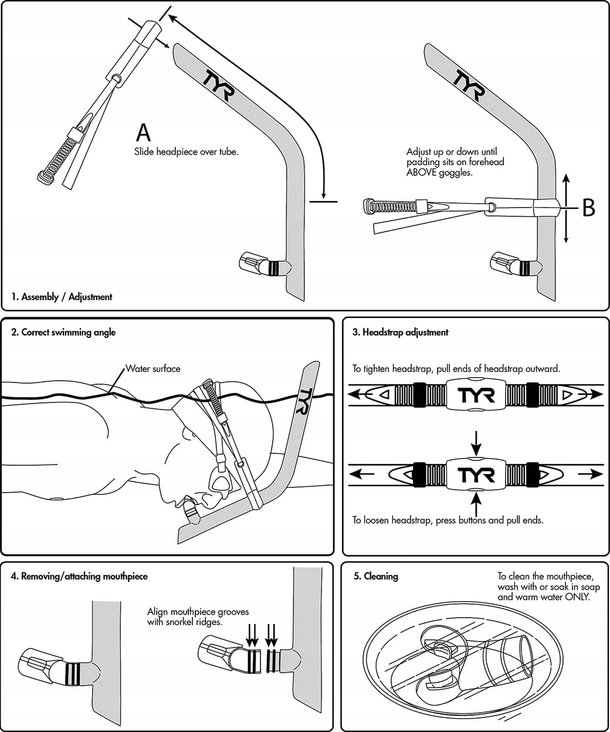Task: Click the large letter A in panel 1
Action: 143,133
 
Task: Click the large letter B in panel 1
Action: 588,207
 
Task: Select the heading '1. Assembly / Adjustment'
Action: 62,297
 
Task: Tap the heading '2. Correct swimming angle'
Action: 63,333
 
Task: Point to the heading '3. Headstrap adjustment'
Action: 400,333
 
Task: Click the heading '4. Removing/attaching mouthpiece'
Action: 79,577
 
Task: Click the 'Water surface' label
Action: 153,369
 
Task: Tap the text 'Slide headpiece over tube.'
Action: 187,152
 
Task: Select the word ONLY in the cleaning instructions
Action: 577,597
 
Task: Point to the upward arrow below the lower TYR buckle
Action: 476,504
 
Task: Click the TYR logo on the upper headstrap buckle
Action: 476,394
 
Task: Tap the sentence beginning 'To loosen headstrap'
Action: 448,520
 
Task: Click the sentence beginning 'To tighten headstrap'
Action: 456,369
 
